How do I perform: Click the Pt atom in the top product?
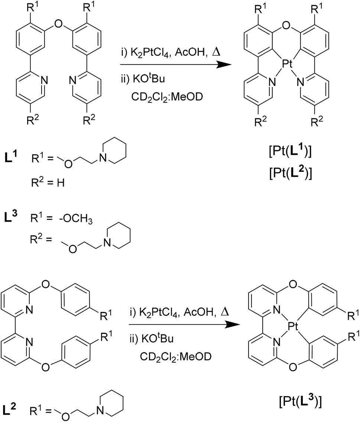pyautogui.click(x=287, y=64)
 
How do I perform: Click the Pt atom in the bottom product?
pyautogui.click(x=293, y=327)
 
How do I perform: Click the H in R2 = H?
pyautogui.click(x=61, y=183)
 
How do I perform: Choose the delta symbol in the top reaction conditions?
pyautogui.click(x=216, y=52)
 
